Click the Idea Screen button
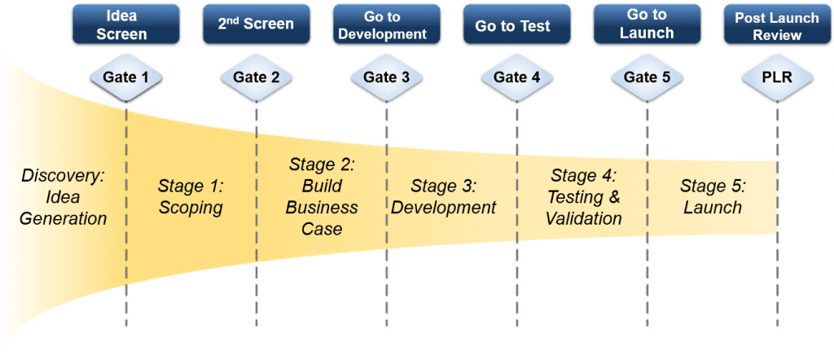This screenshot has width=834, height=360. (x=126, y=24)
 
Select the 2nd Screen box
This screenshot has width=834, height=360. (x=257, y=24)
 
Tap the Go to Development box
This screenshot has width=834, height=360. (x=387, y=24)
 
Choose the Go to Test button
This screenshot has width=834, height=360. (x=517, y=24)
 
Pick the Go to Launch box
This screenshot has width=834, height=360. (x=647, y=24)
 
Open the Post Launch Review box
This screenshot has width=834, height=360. (x=777, y=24)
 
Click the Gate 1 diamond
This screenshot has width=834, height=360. (x=126, y=77)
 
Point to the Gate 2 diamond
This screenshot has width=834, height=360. (x=257, y=77)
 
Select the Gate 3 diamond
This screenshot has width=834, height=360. (x=387, y=77)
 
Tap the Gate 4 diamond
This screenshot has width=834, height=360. (x=517, y=77)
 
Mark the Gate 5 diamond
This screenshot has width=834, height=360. (x=647, y=77)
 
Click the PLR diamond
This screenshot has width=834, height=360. (x=777, y=77)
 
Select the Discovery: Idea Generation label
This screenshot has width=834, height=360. (x=63, y=197)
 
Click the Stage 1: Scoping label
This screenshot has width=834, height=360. (x=191, y=197)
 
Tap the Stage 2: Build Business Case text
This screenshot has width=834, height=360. (x=322, y=197)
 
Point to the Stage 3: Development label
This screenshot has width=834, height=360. (x=443, y=197)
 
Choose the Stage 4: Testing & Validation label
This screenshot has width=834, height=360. (x=583, y=197)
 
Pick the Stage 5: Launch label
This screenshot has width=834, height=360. (x=713, y=197)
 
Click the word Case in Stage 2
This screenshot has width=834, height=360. (x=322, y=229)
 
